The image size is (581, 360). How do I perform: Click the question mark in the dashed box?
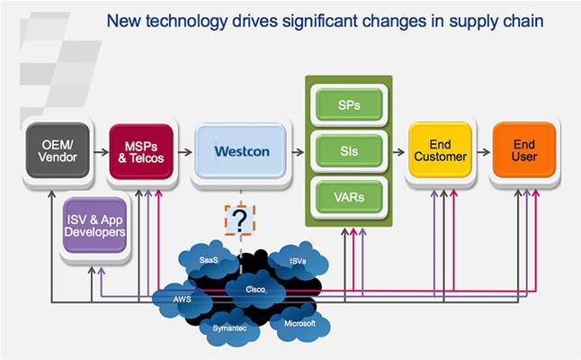point(239,220)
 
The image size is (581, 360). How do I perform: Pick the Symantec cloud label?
point(228,328)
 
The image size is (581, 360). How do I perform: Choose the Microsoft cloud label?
point(299,322)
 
